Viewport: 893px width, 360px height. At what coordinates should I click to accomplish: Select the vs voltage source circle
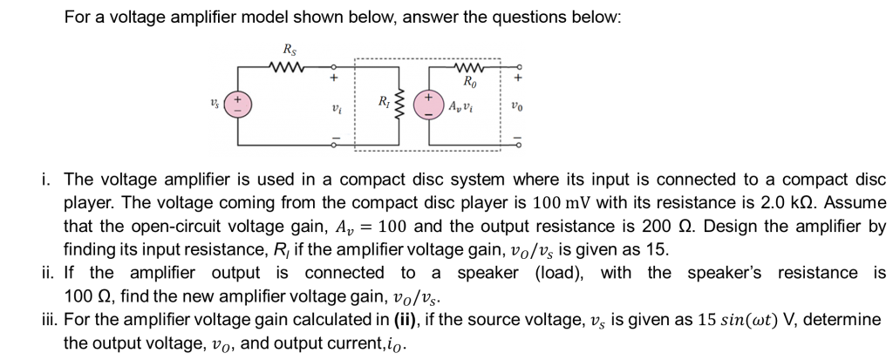coord(237,105)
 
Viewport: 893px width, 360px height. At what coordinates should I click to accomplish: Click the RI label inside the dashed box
coord(384,103)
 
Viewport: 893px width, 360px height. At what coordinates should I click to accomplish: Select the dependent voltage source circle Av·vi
coord(429,106)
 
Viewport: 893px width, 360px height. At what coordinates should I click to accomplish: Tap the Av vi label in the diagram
coord(460,106)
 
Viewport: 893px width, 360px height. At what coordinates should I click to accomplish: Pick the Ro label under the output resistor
coord(470,81)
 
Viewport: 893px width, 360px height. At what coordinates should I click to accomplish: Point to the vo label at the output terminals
coord(516,106)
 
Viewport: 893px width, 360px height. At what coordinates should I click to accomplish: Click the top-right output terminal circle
coord(518,66)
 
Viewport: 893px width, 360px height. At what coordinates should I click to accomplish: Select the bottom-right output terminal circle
coord(518,145)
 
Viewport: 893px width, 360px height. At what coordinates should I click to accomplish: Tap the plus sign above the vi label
coord(335,78)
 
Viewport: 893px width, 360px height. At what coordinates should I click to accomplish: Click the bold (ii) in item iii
coord(407,320)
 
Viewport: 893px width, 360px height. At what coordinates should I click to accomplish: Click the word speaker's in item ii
coord(725,273)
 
